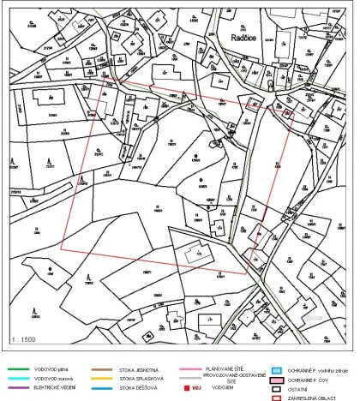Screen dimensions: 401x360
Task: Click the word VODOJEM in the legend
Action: (x=231, y=392)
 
